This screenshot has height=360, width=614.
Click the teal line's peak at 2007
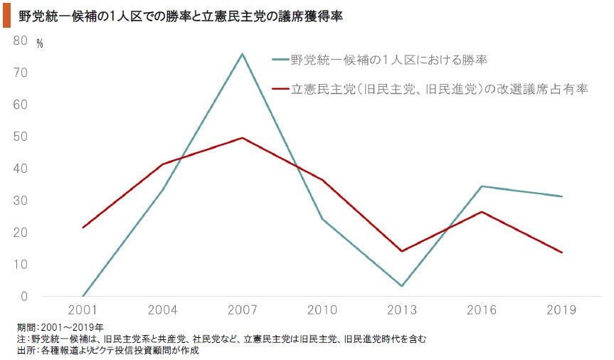[x=243, y=54]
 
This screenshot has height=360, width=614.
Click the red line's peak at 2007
[x=243, y=138]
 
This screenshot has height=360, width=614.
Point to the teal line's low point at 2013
[x=402, y=286]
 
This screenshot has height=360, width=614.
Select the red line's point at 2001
[x=83, y=228]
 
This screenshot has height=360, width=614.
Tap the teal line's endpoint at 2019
[x=561, y=196]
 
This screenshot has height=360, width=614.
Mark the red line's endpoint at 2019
[x=561, y=253]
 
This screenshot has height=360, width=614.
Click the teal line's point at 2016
[x=482, y=186]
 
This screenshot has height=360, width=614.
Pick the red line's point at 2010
[x=322, y=180]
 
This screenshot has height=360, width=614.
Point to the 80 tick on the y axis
[x=20, y=41]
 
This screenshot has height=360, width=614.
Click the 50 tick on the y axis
[x=20, y=137]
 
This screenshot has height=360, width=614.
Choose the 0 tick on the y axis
[x=23, y=296]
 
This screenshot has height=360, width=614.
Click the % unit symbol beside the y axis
[x=40, y=44]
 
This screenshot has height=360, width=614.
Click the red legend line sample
[x=280, y=90]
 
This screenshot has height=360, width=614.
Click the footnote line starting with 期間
[x=60, y=327]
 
